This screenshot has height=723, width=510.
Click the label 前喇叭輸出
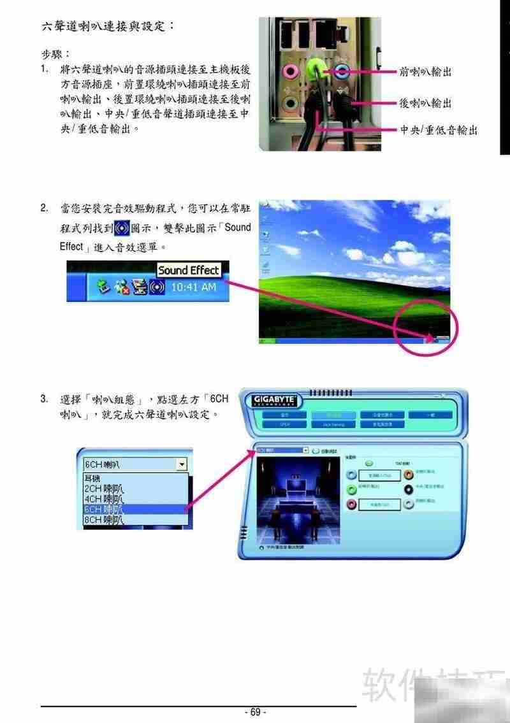425,72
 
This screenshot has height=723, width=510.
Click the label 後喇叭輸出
425,103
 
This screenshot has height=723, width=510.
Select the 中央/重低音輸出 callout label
438,130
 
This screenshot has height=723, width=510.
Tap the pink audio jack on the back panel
291,70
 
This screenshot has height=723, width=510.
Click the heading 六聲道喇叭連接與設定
108,26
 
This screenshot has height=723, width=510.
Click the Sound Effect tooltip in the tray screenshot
188,270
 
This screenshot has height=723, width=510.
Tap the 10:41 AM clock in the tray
194,287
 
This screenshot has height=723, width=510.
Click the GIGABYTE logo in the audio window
274,400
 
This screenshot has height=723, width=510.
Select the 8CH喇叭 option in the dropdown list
104,520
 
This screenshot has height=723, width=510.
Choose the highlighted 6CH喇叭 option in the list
104,510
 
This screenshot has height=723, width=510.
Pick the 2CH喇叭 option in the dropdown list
104,489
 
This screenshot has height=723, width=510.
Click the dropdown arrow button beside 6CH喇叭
182,465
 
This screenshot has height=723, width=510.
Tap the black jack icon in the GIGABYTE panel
409,489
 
